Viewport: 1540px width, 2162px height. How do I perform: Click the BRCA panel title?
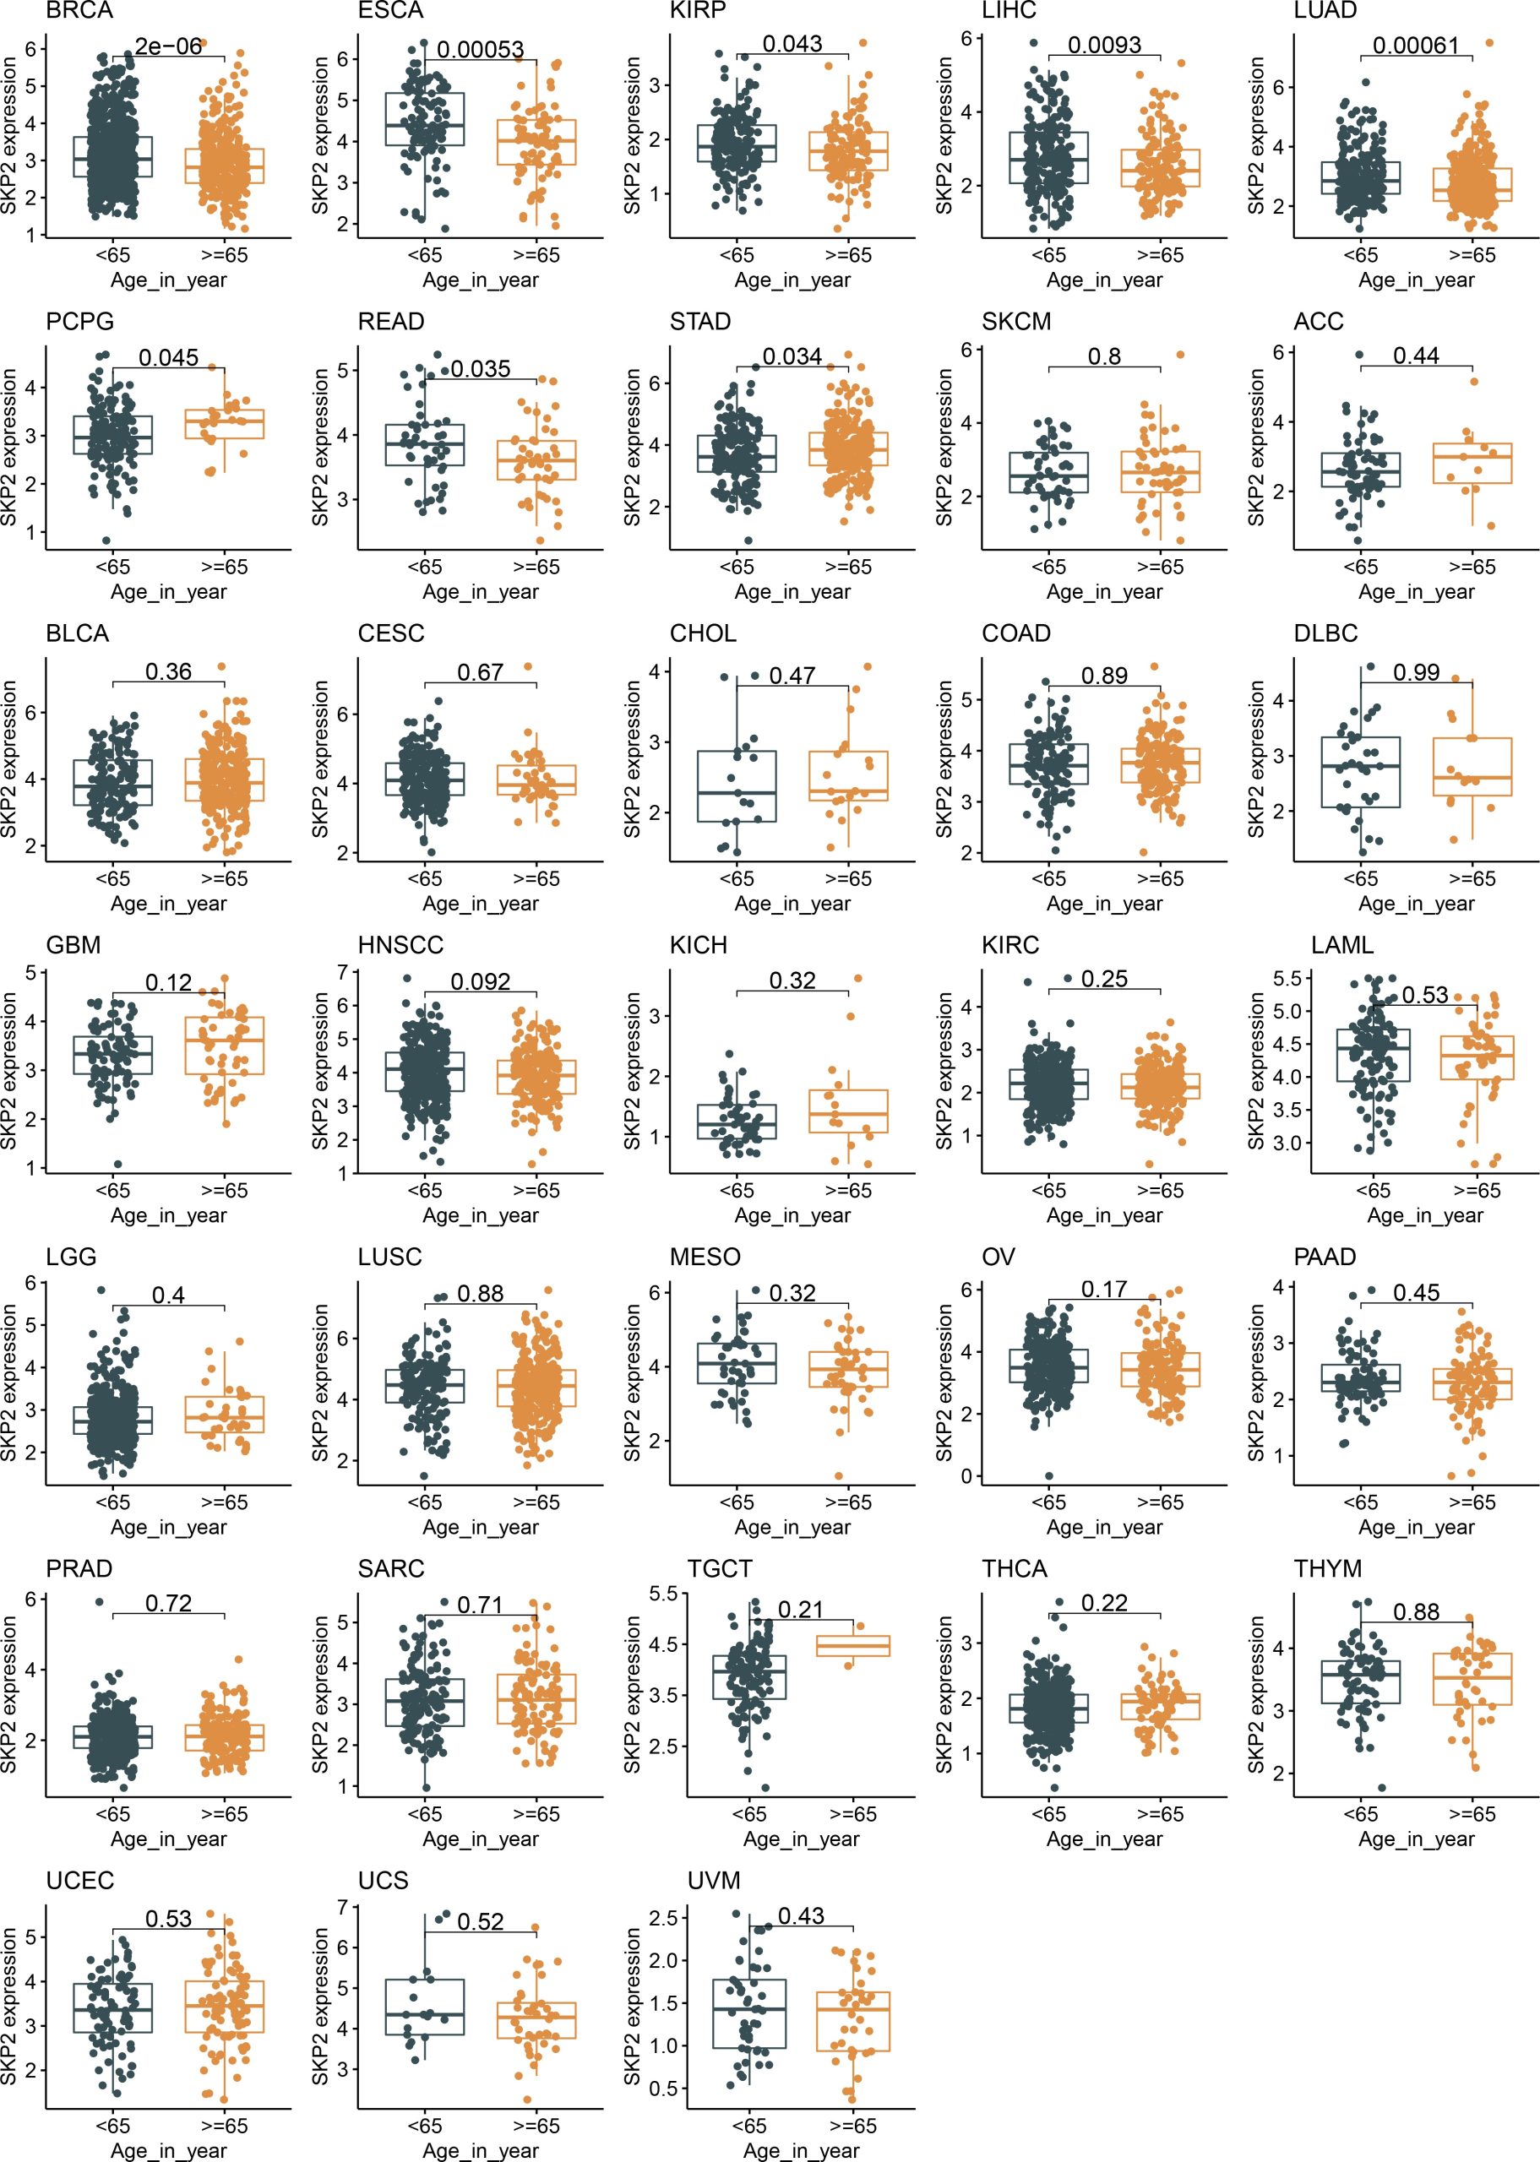79,10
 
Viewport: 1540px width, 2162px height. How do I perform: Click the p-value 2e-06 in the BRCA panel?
168,46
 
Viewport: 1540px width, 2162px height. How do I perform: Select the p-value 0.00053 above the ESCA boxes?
481,49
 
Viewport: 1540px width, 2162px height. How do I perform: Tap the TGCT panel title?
720,1568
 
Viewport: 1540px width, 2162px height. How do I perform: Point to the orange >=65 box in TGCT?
853,1646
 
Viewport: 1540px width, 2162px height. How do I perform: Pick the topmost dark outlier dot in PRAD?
99,1602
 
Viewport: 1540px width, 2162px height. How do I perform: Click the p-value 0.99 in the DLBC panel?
1417,672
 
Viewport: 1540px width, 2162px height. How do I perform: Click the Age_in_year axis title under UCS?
481,2151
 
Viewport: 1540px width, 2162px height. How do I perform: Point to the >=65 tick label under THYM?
1472,1814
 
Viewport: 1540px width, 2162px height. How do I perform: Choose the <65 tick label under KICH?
737,1191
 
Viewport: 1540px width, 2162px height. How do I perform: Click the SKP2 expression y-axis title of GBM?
10,1071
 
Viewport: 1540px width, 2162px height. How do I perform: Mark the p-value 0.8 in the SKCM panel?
1105,356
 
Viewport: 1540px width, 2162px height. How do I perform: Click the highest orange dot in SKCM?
1181,355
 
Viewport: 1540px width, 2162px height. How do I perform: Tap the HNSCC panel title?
400,945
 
